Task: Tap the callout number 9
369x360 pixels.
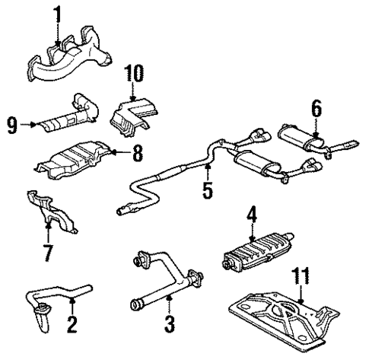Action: coord(13,122)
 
